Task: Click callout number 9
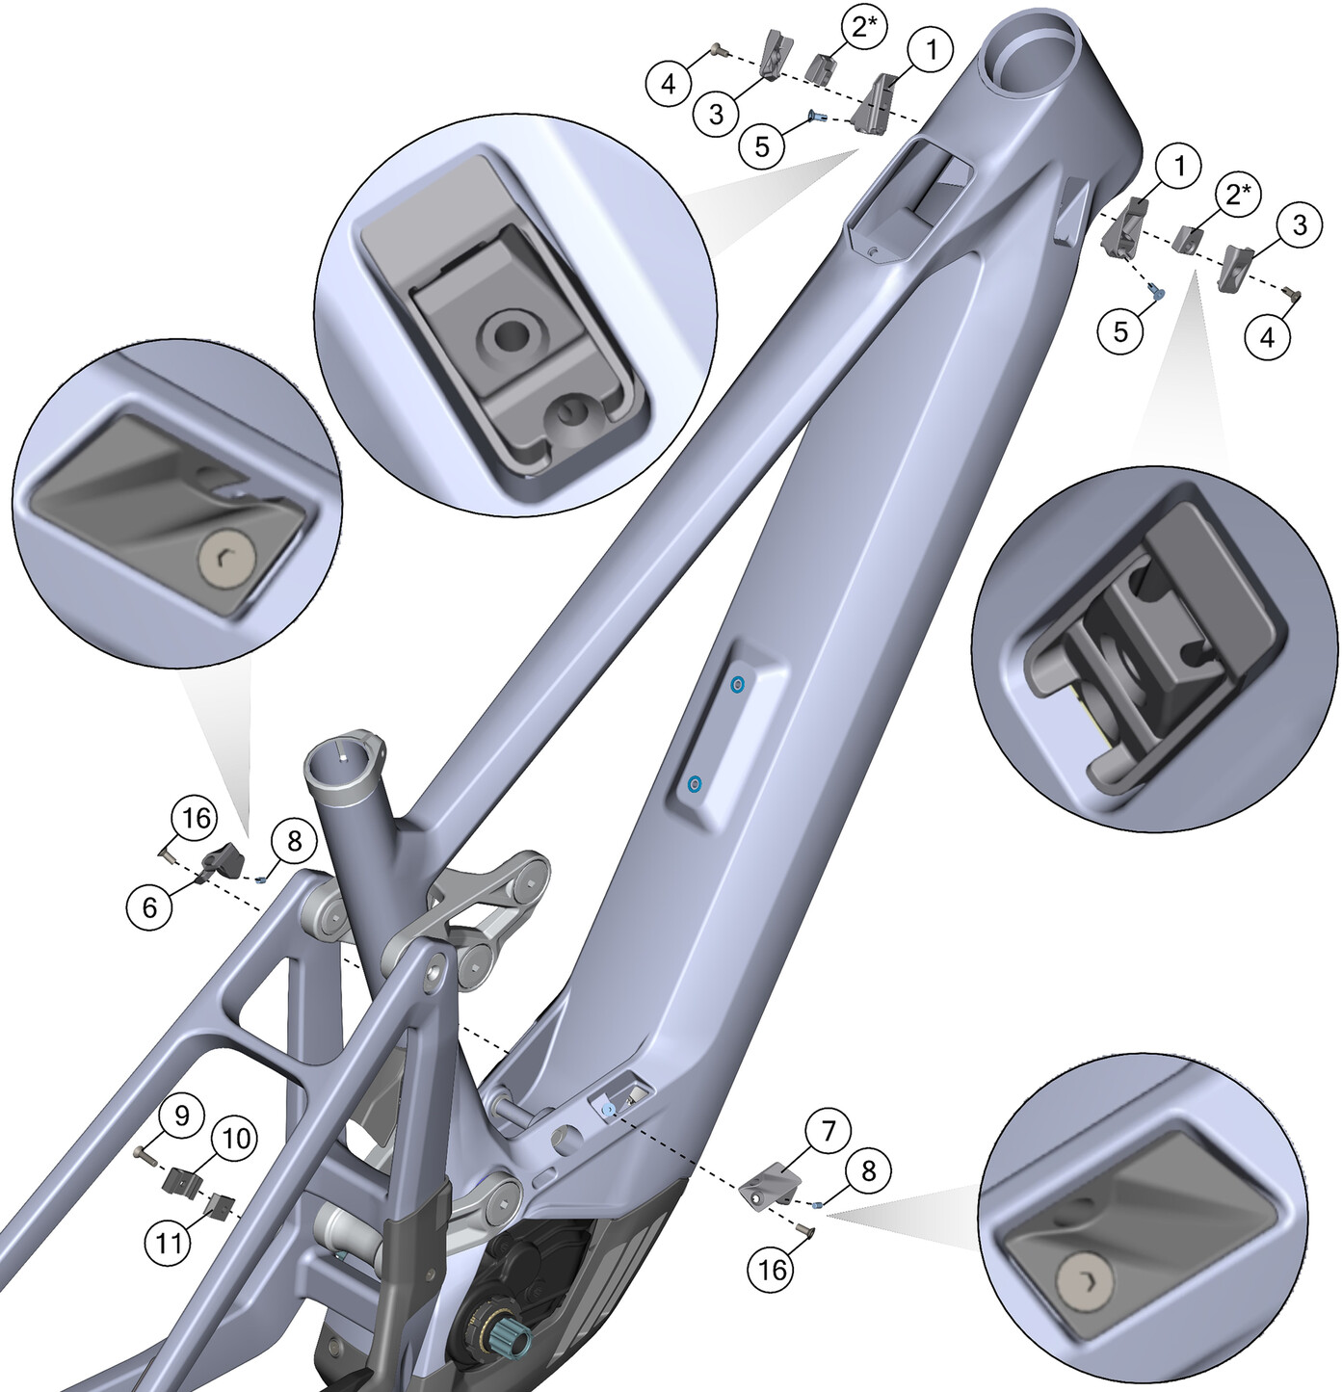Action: [x=182, y=1116]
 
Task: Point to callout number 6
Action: [x=149, y=907]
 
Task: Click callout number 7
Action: [x=828, y=1132]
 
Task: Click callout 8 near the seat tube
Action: [x=294, y=842]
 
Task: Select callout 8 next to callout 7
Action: [x=868, y=1171]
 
